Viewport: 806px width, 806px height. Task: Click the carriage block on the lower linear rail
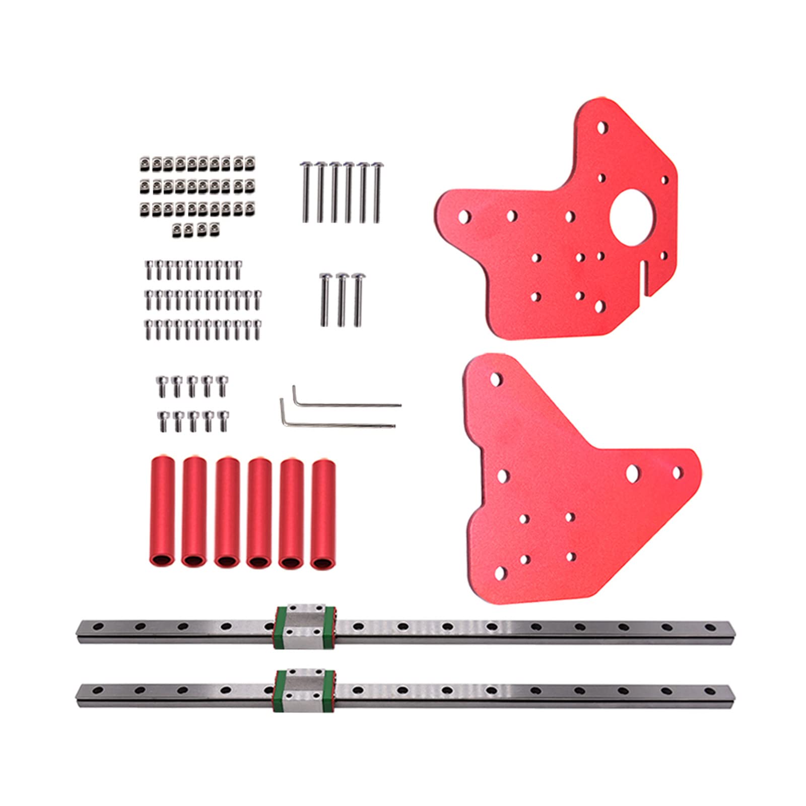pyautogui.click(x=305, y=690)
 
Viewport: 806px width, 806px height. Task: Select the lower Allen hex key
pyautogui.click(x=338, y=422)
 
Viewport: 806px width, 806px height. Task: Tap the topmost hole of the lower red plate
pyautogui.click(x=496, y=378)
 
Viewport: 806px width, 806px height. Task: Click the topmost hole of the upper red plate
pyautogui.click(x=601, y=126)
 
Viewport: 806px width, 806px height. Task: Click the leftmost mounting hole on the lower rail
pyautogui.click(x=97, y=690)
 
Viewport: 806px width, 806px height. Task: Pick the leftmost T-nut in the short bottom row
pyautogui.click(x=178, y=230)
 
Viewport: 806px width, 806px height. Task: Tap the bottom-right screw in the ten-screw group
pyautogui.click(x=222, y=421)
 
